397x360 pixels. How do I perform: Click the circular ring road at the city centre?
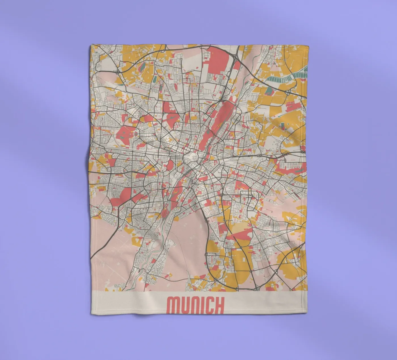pos(191,157)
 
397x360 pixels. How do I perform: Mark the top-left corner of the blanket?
pos(92,45)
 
